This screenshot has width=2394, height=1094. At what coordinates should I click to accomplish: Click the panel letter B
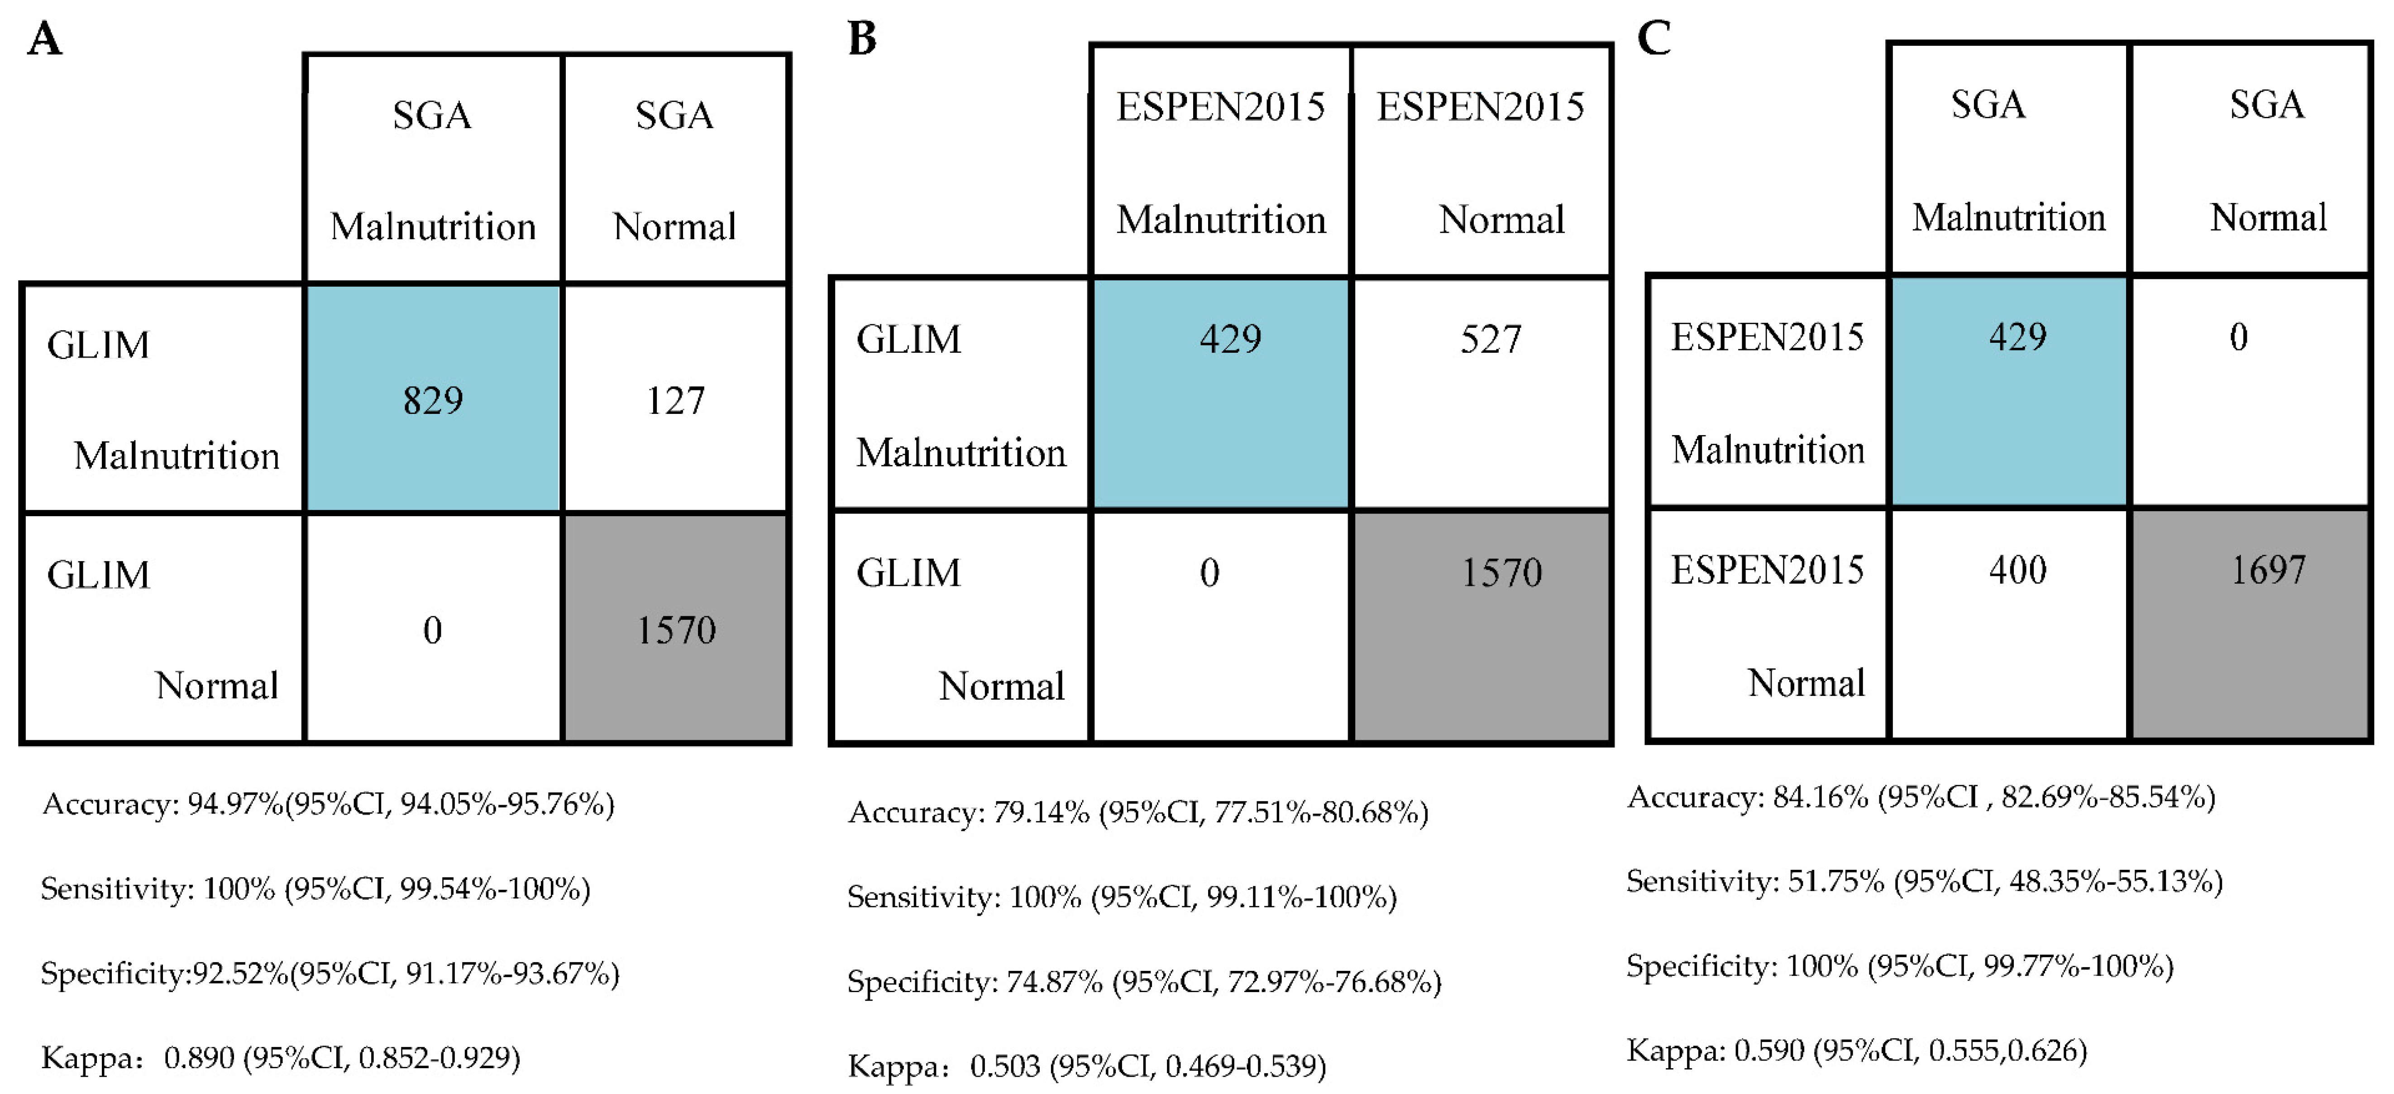[x=861, y=39]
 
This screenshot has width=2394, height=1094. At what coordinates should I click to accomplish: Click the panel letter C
[x=1653, y=39]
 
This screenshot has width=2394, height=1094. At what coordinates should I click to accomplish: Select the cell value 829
[x=432, y=401]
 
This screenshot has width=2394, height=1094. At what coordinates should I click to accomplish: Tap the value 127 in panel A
[x=676, y=401]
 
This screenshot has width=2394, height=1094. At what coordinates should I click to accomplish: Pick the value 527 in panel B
[x=1491, y=339]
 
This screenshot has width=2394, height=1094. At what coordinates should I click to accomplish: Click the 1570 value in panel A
[x=676, y=631]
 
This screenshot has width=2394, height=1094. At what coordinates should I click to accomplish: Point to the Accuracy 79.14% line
[x=1137, y=812]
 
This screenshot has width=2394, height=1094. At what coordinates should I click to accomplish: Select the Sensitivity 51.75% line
[x=1924, y=881]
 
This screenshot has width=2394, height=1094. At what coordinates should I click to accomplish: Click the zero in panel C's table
[x=2238, y=336]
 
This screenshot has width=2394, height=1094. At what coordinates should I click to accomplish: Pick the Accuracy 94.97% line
[x=328, y=804]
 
